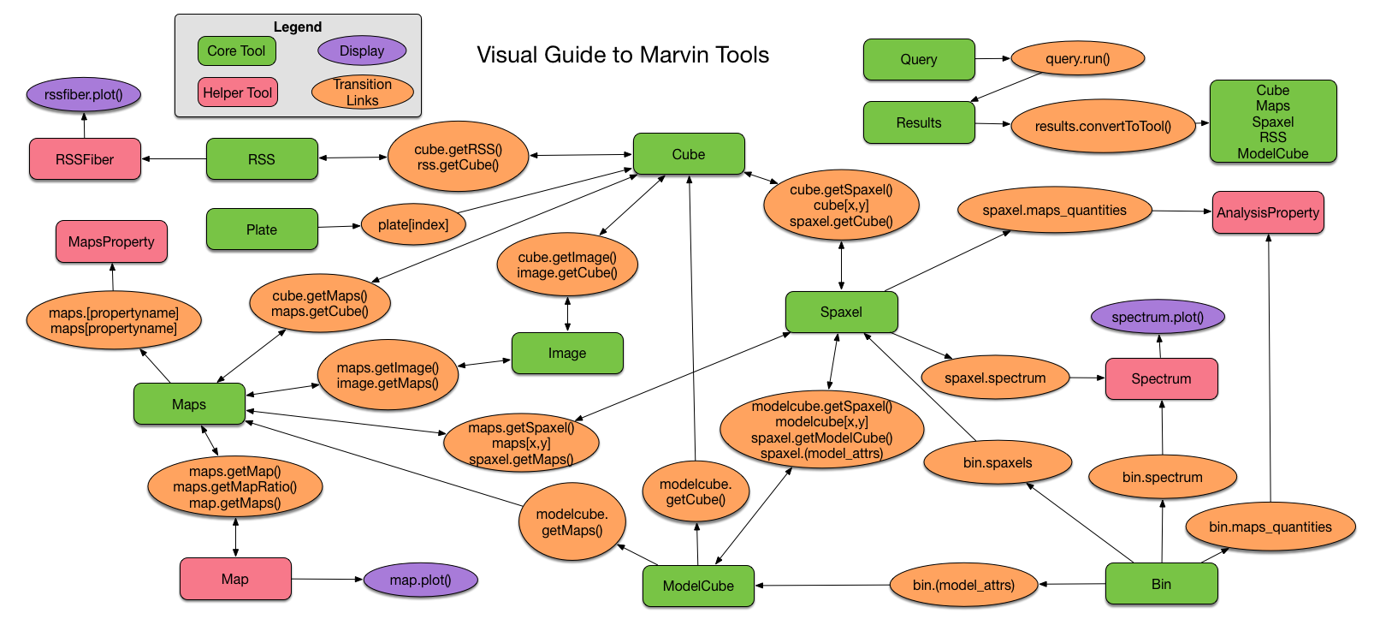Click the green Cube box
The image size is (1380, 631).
tap(689, 154)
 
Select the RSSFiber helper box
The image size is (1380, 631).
tap(85, 159)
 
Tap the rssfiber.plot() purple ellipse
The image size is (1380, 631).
tap(84, 94)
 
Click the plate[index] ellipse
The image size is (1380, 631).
tap(413, 224)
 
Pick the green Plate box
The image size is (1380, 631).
tap(262, 229)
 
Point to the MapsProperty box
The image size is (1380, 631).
tap(111, 241)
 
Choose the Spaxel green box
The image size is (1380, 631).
tap(842, 313)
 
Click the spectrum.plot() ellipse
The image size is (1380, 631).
tap(1158, 317)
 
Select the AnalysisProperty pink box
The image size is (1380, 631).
tap(1268, 213)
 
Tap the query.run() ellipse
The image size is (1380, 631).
tap(1078, 58)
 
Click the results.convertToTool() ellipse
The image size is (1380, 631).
tap(1103, 126)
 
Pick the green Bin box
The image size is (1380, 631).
tap(1162, 584)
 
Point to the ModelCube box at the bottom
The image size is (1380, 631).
tap(699, 586)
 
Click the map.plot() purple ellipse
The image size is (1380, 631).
tap(421, 580)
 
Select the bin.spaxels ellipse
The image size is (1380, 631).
tap(998, 462)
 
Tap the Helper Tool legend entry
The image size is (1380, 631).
tap(238, 92)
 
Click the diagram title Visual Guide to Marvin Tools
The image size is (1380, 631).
tap(623, 55)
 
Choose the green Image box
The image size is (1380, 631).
tap(567, 354)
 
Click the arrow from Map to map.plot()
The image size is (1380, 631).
tap(327, 579)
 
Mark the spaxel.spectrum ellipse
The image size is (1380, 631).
tap(996, 378)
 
